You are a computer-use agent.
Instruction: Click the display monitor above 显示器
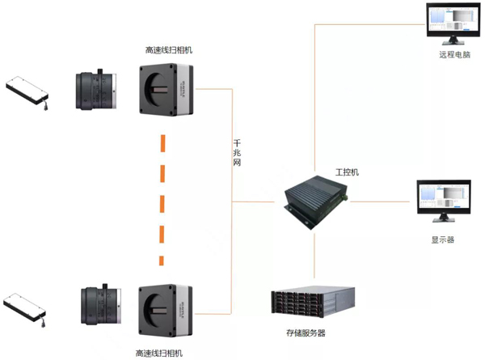(x=441, y=199)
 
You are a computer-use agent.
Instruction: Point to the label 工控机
(x=347, y=173)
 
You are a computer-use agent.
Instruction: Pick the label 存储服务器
(x=306, y=332)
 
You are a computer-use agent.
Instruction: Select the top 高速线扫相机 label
(x=169, y=50)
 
